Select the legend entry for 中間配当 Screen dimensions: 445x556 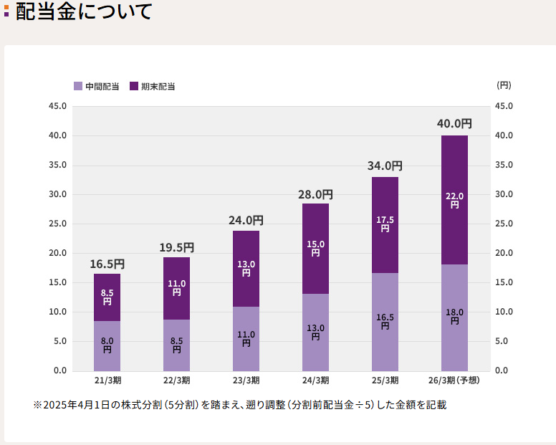tap(96, 86)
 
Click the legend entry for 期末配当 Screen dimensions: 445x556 tap(152, 86)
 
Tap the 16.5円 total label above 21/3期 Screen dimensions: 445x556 tap(107, 264)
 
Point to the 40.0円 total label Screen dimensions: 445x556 tap(454, 124)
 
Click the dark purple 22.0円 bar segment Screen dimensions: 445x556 tap(454, 200)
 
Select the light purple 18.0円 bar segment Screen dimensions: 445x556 tap(454, 317)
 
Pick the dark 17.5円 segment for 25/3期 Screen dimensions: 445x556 tap(385, 224)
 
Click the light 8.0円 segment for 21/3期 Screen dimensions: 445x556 tap(107, 345)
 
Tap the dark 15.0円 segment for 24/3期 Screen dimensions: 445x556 tap(315, 249)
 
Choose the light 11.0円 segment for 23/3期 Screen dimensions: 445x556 tap(246, 338)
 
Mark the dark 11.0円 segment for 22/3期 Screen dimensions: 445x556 tap(176, 288)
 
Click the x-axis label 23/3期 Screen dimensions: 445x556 tap(246, 381)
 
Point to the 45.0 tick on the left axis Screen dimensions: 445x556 tap(57, 106)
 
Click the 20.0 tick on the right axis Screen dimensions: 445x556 tap(504, 253)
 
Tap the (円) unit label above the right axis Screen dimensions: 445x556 tap(504, 85)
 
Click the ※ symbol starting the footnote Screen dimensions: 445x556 tap(38, 405)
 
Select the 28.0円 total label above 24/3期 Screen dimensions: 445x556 tap(315, 194)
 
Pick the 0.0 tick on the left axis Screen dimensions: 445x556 tap(60, 370)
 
